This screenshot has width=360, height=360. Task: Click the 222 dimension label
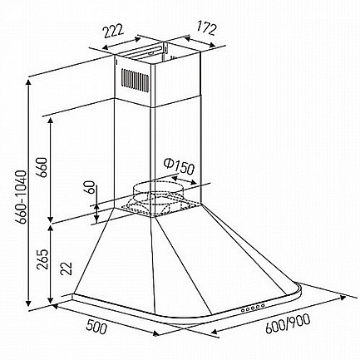tap(112, 32)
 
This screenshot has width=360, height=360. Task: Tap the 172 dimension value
tap(206, 28)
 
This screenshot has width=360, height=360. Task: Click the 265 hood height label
tap(42, 259)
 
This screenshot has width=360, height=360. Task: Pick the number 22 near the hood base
tap(67, 268)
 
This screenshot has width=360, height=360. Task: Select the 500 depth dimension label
tap(96, 326)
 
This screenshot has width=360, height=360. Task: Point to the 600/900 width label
tap(288, 323)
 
